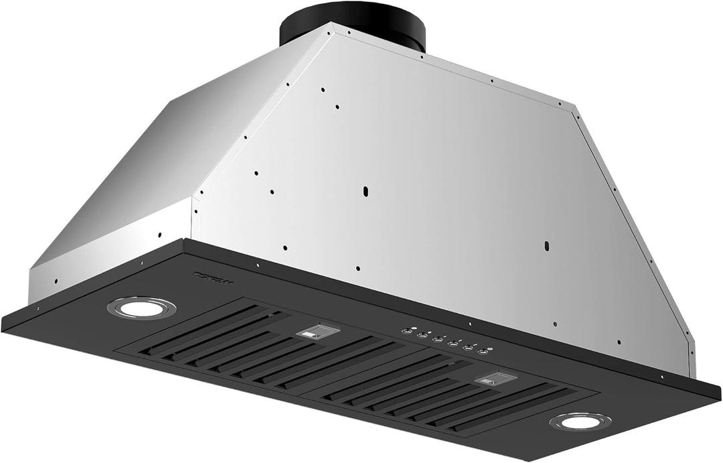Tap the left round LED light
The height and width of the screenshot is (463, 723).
[141, 308]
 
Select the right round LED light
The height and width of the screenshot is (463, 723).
[580, 421]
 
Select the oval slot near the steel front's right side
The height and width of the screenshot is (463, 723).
[547, 245]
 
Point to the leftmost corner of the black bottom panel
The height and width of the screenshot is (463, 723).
[3, 324]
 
